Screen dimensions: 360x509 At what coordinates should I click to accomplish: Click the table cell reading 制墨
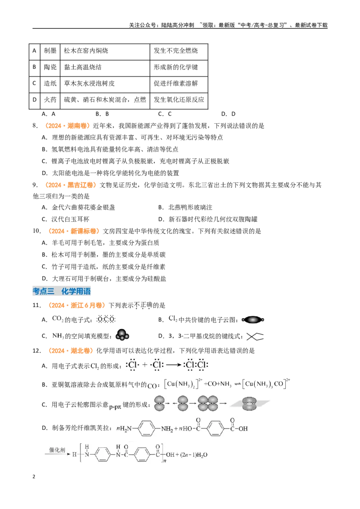[x=50, y=51]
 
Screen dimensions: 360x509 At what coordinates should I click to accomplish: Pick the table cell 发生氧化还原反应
[x=179, y=100]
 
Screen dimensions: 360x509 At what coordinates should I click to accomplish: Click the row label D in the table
[x=35, y=100]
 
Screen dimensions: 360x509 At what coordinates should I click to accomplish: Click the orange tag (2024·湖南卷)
[x=67, y=125]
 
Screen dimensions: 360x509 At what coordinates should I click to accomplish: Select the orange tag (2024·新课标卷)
[x=73, y=231]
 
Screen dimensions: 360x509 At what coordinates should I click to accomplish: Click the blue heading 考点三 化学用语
[x=61, y=291]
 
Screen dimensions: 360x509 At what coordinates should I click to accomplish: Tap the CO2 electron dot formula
[x=106, y=319]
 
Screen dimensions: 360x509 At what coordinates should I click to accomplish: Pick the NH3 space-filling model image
[x=122, y=335]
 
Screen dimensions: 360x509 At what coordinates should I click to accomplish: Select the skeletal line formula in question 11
[x=255, y=336]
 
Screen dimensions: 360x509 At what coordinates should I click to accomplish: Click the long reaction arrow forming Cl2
[x=174, y=365]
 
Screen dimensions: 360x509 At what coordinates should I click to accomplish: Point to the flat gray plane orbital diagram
[x=250, y=403]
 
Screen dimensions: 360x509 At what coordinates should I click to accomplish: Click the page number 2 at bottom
[x=34, y=477]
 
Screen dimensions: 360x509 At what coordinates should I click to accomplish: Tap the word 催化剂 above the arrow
[x=57, y=450]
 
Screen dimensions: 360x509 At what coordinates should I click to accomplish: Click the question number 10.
[x=36, y=231]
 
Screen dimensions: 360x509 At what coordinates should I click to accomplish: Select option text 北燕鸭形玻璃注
[x=190, y=207]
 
